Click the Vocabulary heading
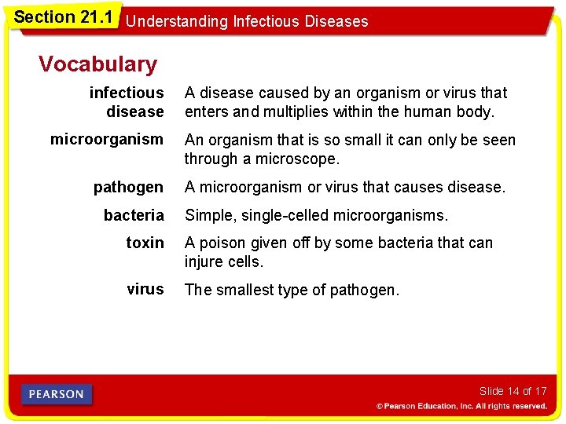pos(97,64)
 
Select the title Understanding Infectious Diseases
pos(247,21)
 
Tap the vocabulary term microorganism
pos(107,140)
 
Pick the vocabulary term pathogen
pos(128,187)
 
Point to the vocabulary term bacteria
pos(134,214)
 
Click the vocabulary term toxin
pos(145,243)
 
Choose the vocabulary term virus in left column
pos(145,289)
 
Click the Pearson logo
pos(57,394)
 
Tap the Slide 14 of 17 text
pos(513,391)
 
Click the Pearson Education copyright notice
pos(461,406)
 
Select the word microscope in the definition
pos(300,159)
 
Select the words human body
pos(454,111)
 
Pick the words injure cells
pos(223,261)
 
